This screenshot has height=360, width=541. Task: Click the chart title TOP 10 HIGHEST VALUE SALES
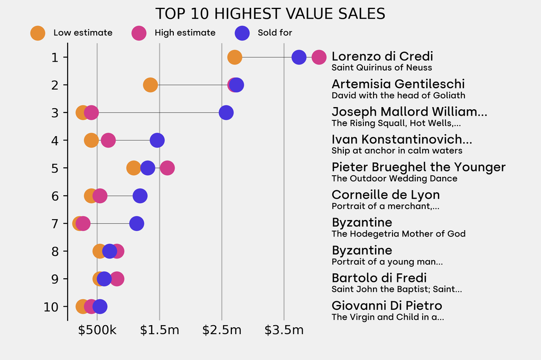tap(270, 13)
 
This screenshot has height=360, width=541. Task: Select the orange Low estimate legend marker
tap(38, 33)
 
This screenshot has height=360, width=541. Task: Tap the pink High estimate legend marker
tap(139, 33)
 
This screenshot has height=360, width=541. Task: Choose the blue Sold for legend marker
tap(242, 33)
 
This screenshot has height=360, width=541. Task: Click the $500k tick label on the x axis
tap(97, 330)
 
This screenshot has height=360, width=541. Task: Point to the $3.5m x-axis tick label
tap(284, 330)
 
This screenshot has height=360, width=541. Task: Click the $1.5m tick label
tap(160, 330)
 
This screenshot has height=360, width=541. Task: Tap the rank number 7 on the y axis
tap(55, 224)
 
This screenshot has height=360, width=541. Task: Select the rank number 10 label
tap(52, 307)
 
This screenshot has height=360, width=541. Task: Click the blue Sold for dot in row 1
tap(299, 57)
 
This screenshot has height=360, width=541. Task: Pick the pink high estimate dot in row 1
tap(319, 57)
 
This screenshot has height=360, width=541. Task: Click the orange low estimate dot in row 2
tap(151, 85)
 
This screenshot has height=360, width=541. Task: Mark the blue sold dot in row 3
tap(226, 112)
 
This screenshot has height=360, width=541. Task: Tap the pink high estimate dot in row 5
tap(167, 168)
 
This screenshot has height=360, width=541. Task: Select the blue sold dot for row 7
tap(136, 224)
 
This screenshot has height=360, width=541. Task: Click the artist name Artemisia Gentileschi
tap(398, 84)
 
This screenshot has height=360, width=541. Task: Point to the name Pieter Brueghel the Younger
tap(418, 167)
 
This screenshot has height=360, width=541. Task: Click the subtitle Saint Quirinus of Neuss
tap(381, 68)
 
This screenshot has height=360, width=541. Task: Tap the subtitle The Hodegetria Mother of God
tap(398, 234)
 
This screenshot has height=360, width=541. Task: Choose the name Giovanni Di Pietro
tap(387, 306)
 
